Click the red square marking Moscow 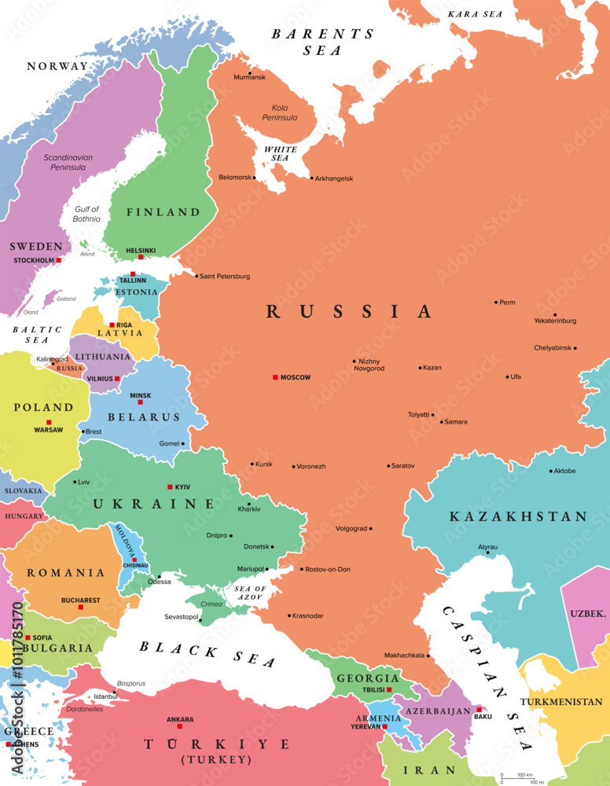(275, 377)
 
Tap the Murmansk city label (249, 77)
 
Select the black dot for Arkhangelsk (311, 178)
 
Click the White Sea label (281, 152)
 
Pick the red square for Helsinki (141, 257)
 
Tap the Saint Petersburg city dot (196, 275)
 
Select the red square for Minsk (140, 402)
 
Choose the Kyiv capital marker (170, 487)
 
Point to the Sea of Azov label (251, 593)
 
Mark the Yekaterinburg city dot (555, 314)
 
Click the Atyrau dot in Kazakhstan (488, 553)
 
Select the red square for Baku (479, 709)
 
